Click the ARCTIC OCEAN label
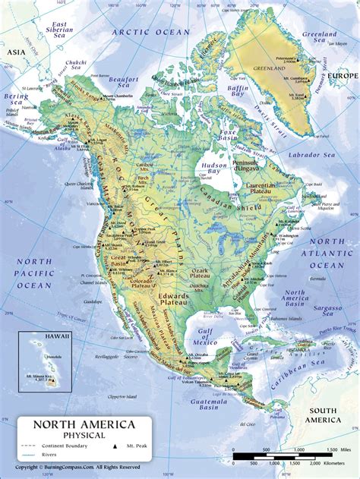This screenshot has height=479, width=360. (150, 32)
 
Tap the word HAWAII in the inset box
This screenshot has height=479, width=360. (46, 335)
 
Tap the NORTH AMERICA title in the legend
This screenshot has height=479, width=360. (84, 424)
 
